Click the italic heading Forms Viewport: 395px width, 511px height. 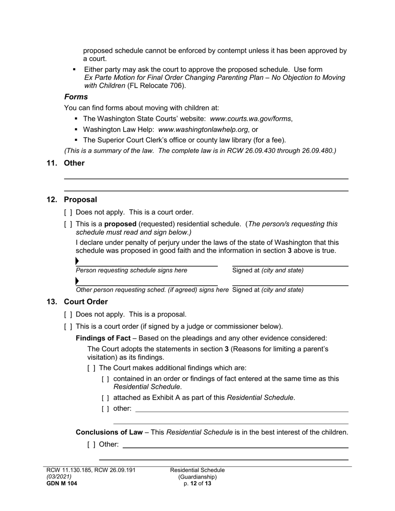(76, 97)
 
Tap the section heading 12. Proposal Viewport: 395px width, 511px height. (72, 199)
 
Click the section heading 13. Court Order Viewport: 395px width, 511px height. (77, 302)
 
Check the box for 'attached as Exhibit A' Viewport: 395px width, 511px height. (106, 398)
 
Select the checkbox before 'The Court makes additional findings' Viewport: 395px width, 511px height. (91, 368)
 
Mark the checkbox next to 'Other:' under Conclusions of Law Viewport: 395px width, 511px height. (91, 445)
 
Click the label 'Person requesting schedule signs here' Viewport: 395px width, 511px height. (131, 270)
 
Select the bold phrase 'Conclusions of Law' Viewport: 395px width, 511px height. (109, 432)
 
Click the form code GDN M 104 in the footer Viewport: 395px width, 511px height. (62, 484)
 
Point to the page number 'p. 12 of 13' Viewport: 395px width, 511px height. (197, 484)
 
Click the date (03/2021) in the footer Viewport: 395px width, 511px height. (59, 477)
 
